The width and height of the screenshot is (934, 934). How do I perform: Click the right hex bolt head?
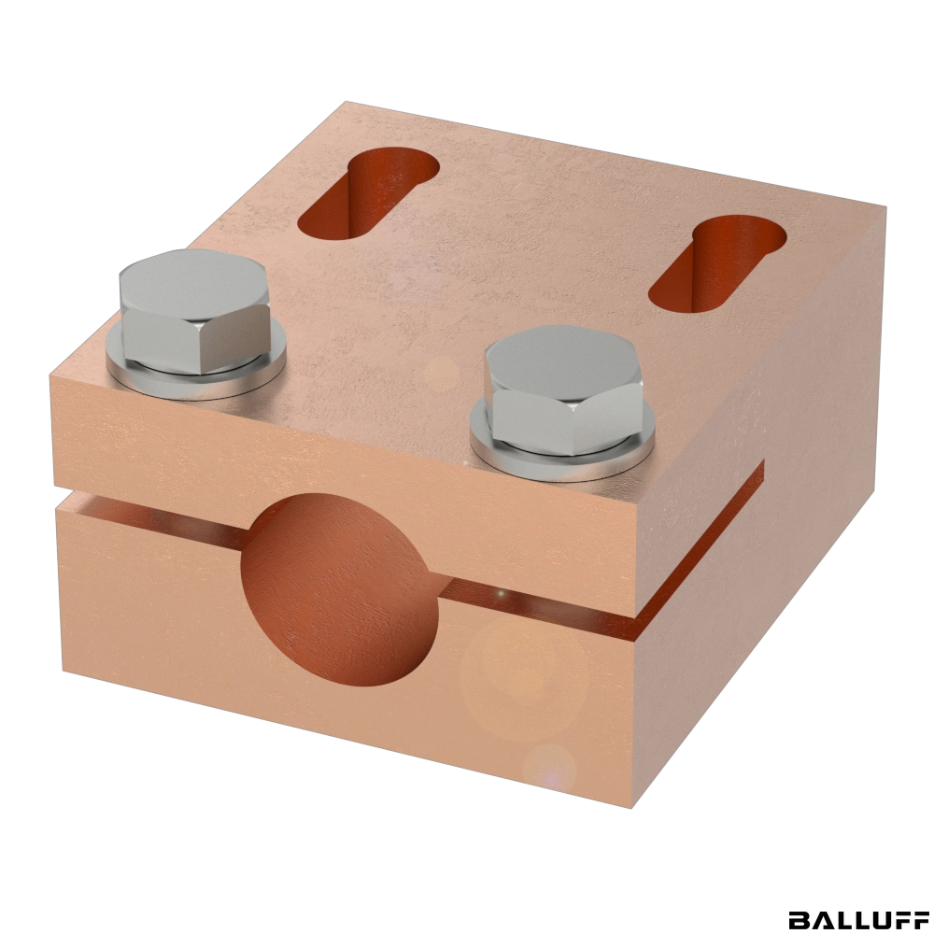[563, 389]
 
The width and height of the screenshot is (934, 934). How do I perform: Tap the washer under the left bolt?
[196, 375]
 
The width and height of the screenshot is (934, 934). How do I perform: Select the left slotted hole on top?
[368, 193]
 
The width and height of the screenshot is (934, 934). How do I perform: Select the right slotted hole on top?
[717, 262]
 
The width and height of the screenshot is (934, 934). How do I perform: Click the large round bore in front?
[341, 589]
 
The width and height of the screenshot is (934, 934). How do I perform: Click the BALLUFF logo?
[857, 919]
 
